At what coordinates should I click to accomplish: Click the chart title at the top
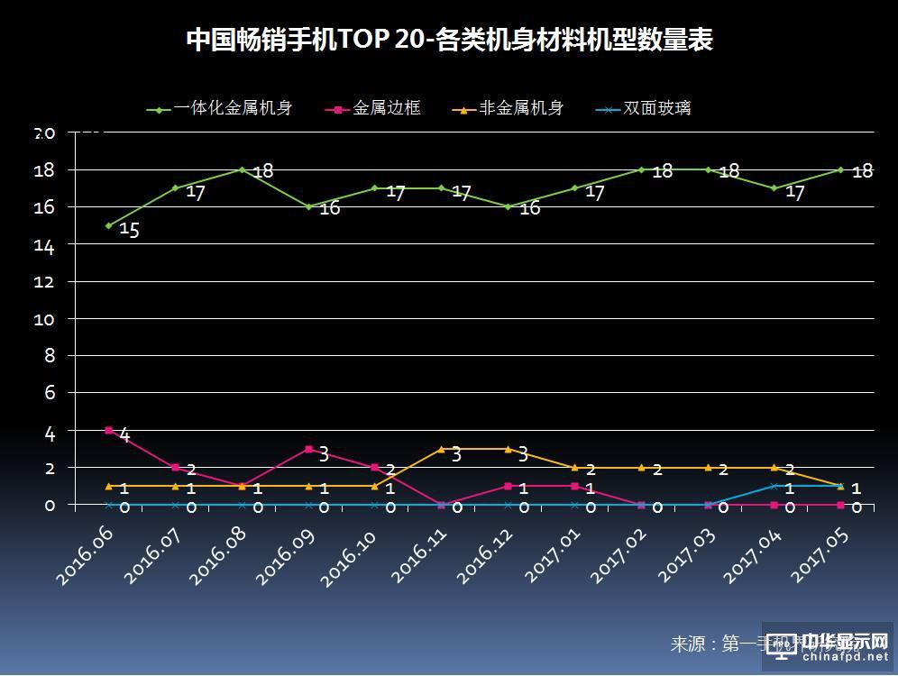tap(449, 41)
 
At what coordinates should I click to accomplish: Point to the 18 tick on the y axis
tap(45, 170)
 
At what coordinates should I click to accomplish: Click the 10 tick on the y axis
tap(45, 319)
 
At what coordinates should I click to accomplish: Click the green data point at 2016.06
tap(109, 225)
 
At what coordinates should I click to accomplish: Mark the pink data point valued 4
tap(109, 431)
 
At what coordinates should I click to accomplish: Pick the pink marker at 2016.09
tap(308, 449)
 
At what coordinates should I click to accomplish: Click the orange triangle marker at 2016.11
tap(442, 449)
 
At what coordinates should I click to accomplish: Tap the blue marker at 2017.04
tap(774, 486)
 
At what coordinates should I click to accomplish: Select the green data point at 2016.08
tap(242, 169)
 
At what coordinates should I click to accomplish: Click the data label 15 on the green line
tap(129, 231)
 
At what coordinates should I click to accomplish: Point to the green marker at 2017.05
tap(840, 169)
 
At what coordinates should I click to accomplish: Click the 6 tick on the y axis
tap(50, 393)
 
